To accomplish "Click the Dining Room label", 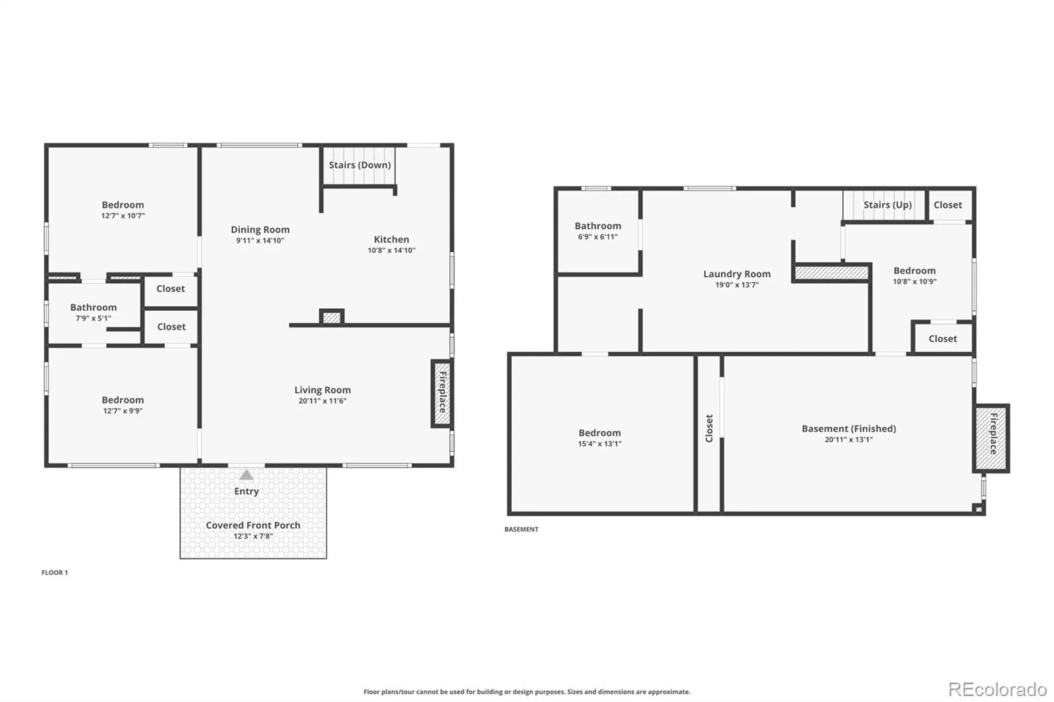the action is pos(260,230).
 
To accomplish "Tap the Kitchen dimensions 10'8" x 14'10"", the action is pos(391,250).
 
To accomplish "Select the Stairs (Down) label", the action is pos(360,165).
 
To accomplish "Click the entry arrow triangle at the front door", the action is pos(246,475).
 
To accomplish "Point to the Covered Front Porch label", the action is pos(253,525).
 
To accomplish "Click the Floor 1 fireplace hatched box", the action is pos(442,394).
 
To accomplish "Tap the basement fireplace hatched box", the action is pos(991,438).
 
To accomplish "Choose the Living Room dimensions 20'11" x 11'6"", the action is pos(323,401).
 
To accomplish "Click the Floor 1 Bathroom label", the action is pos(94,308).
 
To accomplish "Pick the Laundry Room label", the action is pos(737,274).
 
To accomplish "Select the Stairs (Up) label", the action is pos(887,205).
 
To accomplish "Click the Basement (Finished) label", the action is pos(849,429).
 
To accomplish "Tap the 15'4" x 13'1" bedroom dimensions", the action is pos(600,444).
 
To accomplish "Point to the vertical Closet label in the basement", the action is pos(709,428).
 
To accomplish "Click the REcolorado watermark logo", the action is pos(997,689).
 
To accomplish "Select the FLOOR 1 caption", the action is pos(55,573).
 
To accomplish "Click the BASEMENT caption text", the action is pos(521,529).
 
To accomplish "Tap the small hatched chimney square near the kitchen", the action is pos(332,317).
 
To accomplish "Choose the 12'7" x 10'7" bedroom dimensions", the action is pos(123,216).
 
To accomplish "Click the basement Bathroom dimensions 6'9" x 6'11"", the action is pos(598,237).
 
